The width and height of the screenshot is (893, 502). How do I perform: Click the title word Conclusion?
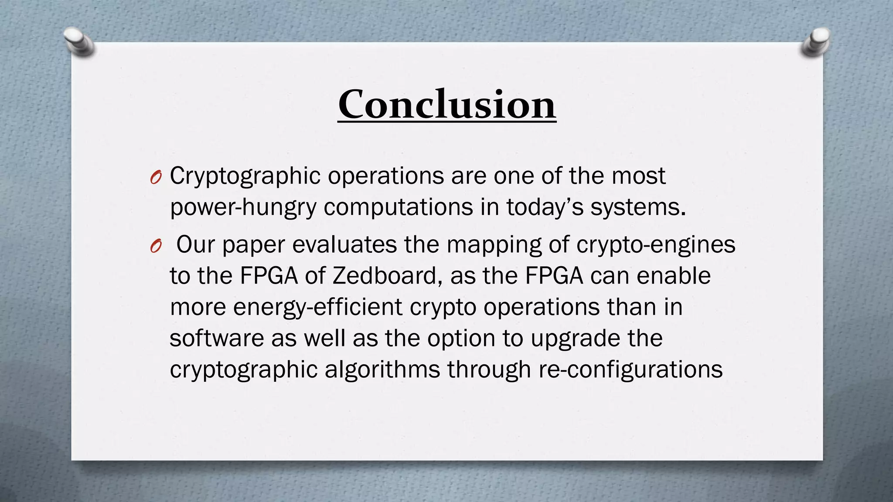[x=446, y=105]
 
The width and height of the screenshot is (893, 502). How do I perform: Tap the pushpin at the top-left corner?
[x=78, y=41]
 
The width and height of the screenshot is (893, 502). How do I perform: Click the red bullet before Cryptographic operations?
[x=156, y=177]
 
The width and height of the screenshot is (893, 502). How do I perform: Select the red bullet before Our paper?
[x=156, y=247]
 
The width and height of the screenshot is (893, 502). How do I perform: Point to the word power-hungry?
[x=243, y=207]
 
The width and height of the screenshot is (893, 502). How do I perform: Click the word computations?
[x=398, y=207]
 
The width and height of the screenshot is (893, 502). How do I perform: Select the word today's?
[x=545, y=207]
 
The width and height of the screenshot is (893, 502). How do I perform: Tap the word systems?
[x=638, y=207]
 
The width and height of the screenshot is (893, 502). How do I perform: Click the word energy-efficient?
[x=317, y=307]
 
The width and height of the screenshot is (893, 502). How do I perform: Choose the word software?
[x=217, y=339]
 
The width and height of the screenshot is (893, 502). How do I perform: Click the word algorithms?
[x=382, y=370]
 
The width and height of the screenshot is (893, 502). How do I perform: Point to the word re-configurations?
[x=631, y=370]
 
